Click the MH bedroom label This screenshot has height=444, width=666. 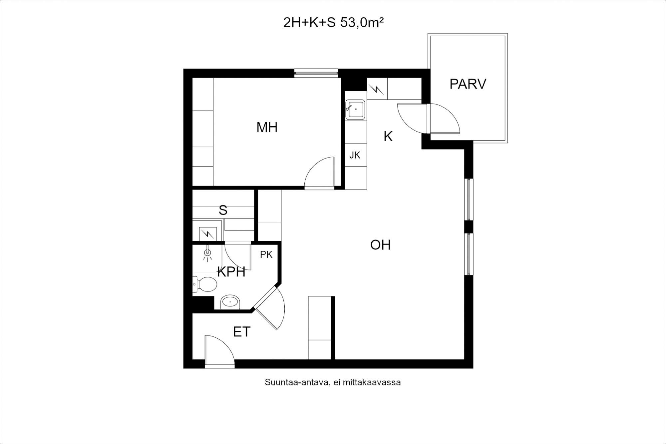[267, 128]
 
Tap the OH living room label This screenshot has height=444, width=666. [380, 245]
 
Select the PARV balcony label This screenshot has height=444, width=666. [468, 84]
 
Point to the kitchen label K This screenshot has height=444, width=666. [388, 137]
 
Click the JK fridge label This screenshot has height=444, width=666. [355, 155]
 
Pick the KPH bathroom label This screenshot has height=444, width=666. [231, 272]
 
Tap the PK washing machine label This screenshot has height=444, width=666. [266, 255]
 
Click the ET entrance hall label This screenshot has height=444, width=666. [242, 332]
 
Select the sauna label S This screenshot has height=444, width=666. [223, 211]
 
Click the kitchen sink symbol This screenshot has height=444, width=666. [356, 110]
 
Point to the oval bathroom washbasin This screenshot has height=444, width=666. [230, 302]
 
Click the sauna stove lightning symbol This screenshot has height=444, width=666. [207, 234]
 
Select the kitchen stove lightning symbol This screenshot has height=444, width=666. [377, 89]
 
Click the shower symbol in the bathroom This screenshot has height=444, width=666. [207, 253]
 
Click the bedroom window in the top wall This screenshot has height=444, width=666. [316, 73]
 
